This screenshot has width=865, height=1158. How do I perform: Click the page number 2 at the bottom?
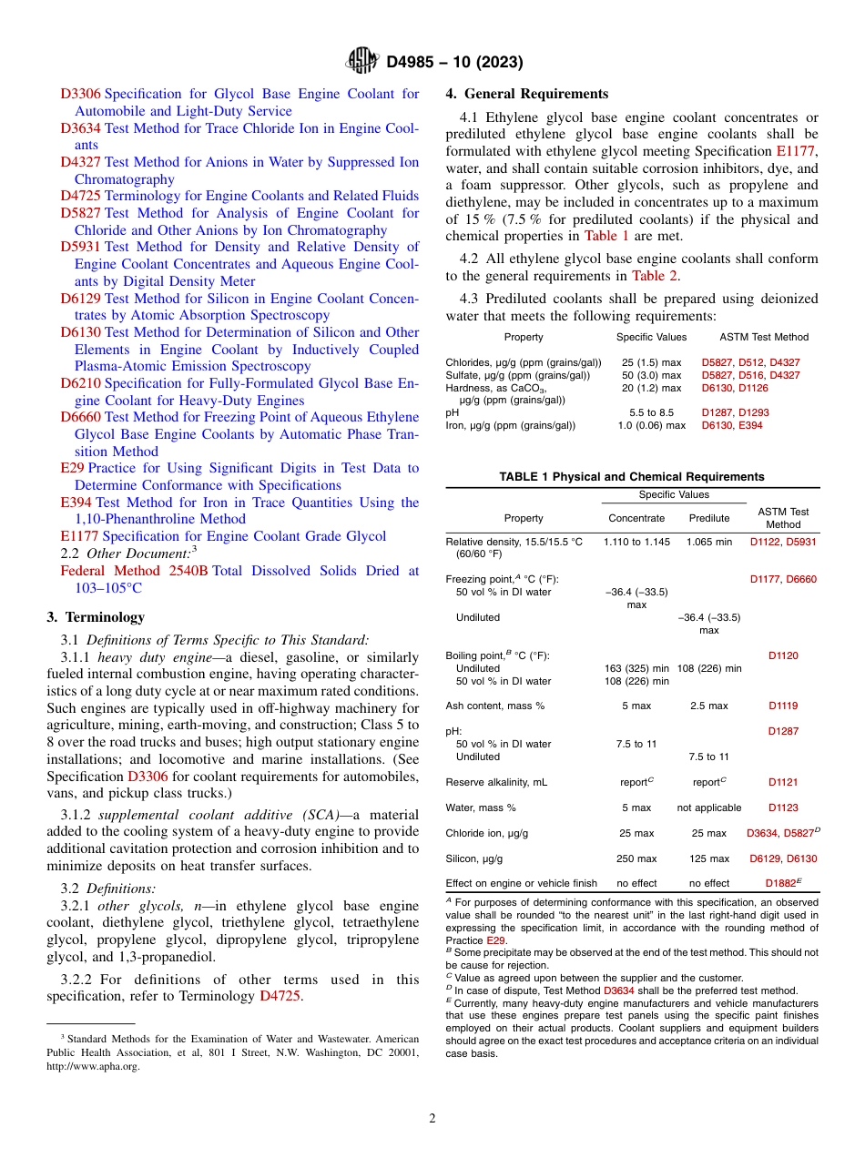[x=432, y=1119]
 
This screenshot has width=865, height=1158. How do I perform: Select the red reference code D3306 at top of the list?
[x=80, y=94]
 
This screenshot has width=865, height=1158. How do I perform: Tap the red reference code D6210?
[x=80, y=383]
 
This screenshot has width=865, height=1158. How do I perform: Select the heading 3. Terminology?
[x=96, y=616]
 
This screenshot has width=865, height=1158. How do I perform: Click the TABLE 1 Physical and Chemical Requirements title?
[x=632, y=476]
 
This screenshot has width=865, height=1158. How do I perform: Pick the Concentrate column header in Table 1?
[x=636, y=518]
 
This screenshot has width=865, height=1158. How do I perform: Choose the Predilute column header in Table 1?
[x=708, y=518]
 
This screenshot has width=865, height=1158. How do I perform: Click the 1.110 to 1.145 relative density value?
[x=636, y=541]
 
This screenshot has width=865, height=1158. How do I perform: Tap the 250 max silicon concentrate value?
[x=636, y=858]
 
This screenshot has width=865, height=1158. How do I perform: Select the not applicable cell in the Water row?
[x=708, y=808]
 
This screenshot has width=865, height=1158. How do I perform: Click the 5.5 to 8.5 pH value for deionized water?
[x=652, y=412]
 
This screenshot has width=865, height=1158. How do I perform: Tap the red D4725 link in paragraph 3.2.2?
[x=280, y=996]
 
